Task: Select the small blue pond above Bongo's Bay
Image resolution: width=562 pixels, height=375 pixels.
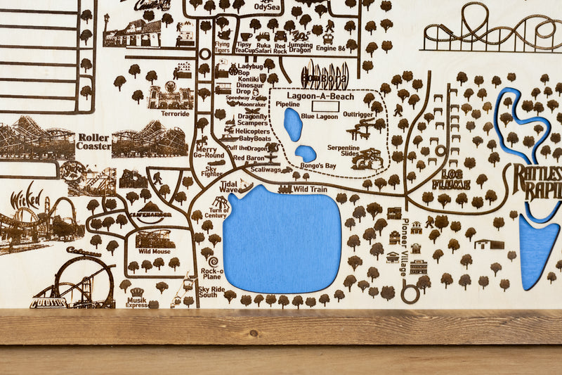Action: point(305,153)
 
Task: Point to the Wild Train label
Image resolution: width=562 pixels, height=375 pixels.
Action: point(310,189)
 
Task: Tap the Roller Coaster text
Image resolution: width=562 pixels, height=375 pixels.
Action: point(93,141)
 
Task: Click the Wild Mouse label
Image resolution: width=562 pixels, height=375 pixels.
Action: point(154,251)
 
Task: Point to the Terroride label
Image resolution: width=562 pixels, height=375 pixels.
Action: point(174,113)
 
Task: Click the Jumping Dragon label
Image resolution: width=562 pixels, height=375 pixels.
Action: point(300,47)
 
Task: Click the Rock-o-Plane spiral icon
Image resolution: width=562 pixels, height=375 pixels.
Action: point(212,262)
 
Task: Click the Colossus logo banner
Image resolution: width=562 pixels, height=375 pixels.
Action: point(48,303)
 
